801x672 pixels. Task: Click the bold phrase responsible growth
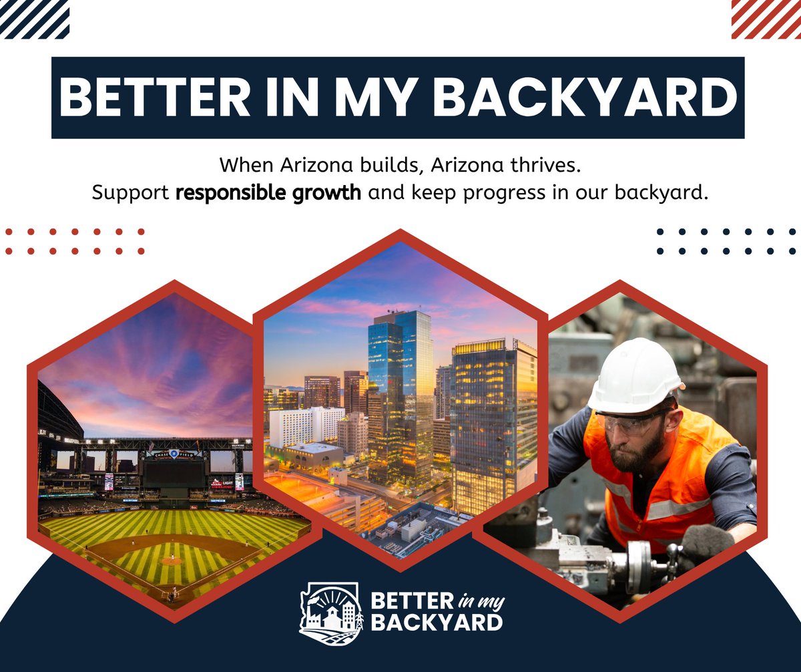268,193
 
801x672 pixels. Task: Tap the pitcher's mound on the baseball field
171,560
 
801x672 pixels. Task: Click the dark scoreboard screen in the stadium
174,473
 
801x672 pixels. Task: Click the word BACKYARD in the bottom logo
437,623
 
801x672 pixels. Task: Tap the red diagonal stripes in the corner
766,19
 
